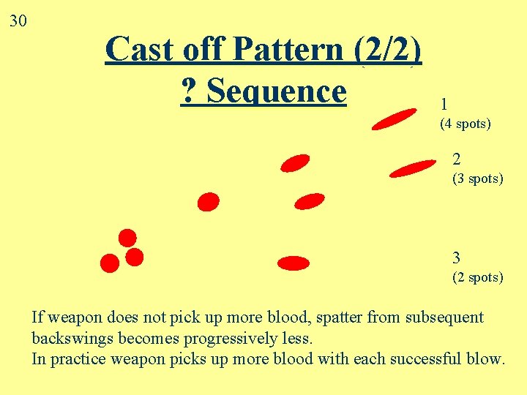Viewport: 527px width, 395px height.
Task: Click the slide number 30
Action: [x=18, y=20]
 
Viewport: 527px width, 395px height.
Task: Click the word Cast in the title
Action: [x=138, y=50]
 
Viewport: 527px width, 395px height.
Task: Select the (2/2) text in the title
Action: [x=387, y=50]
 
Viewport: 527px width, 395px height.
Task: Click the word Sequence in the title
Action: [x=276, y=91]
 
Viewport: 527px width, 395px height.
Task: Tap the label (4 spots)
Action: [x=465, y=124]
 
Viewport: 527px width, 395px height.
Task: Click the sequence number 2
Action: [x=457, y=159]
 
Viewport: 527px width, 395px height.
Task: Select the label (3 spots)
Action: [x=477, y=178]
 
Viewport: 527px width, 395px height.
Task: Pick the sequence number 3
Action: [x=457, y=257]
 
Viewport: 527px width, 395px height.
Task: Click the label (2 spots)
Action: [x=477, y=277]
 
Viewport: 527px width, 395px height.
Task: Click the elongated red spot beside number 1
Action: [x=394, y=118]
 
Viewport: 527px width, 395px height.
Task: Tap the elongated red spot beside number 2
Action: [x=412, y=169]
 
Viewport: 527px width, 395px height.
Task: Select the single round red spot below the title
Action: [x=209, y=201]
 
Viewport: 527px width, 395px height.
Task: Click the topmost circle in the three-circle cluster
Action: [x=127, y=238]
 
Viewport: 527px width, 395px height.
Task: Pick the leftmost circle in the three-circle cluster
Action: [x=110, y=263]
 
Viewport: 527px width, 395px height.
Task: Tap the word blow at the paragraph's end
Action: [x=484, y=359]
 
